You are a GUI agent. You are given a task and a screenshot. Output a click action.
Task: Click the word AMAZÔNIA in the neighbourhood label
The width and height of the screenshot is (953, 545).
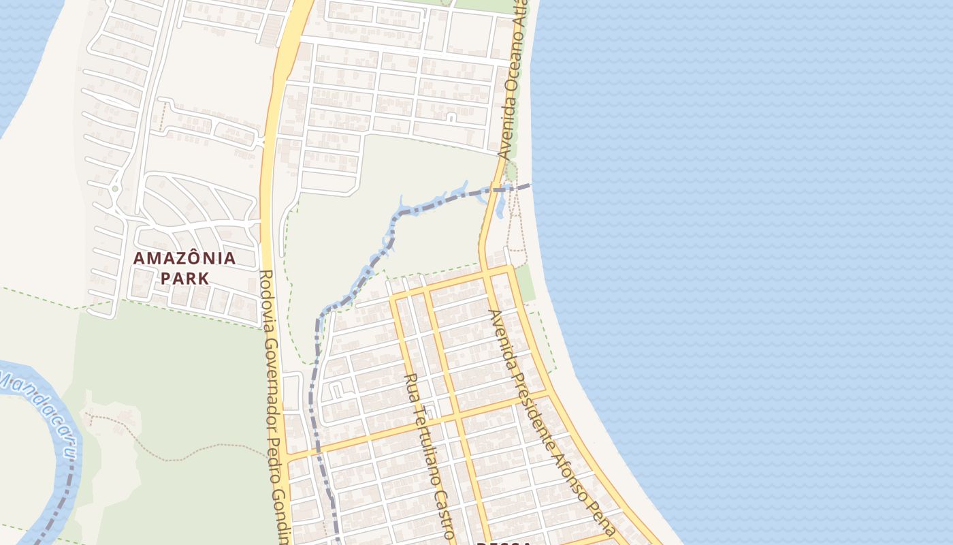point(184,259)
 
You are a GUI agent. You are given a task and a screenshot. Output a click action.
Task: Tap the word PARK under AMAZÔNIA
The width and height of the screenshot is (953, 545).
point(184,279)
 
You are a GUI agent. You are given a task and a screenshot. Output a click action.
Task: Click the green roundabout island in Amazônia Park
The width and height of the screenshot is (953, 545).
point(115,189)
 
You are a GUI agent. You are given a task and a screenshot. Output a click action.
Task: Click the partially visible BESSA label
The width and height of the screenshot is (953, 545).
point(504,542)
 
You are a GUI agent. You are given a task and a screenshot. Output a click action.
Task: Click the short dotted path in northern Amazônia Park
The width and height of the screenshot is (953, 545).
point(162,117)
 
